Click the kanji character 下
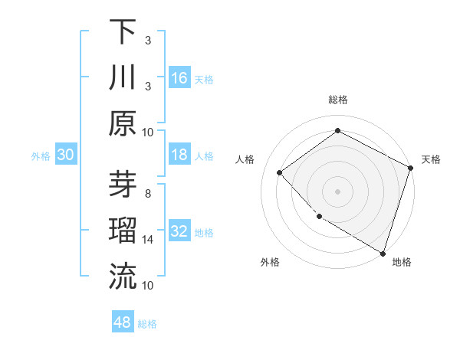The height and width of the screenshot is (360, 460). pyautogui.click(x=123, y=32)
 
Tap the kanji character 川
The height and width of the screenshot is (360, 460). pyautogui.click(x=123, y=78)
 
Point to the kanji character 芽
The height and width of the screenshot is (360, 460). pyautogui.click(x=123, y=185)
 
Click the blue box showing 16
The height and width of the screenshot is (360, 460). pyautogui.click(x=179, y=78)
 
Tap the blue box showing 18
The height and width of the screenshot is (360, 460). pyautogui.click(x=179, y=155)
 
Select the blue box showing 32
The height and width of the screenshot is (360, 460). pyautogui.click(x=179, y=231)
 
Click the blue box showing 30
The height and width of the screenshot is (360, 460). pyautogui.click(x=66, y=155)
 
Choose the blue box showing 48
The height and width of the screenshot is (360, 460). pyautogui.click(x=123, y=322)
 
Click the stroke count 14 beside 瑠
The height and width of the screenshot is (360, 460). pyautogui.click(x=148, y=240)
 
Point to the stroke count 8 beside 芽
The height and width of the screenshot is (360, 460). pyautogui.click(x=148, y=194)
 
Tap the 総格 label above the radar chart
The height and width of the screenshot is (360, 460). pyautogui.click(x=337, y=100)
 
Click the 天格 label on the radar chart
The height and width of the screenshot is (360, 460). pyautogui.click(x=431, y=159)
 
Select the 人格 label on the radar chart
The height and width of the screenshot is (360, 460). pyautogui.click(x=245, y=159)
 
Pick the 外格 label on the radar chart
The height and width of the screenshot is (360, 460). pyautogui.click(x=269, y=262)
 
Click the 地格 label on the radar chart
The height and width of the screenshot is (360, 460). pyautogui.click(x=402, y=262)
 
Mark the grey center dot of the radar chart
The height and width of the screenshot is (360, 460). pyautogui.click(x=337, y=191)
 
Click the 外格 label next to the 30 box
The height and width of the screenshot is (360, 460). pyautogui.click(x=41, y=155)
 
